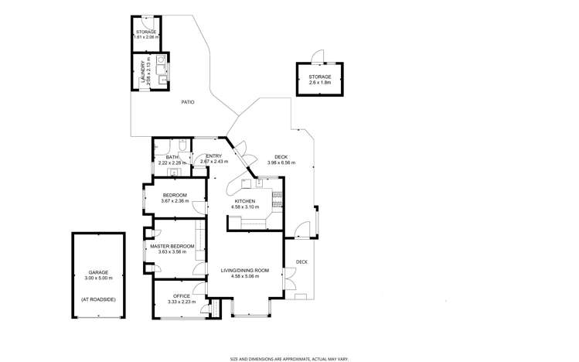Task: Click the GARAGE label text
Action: coord(97,272)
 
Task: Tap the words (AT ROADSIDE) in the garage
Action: coord(97,298)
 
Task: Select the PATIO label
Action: coord(187,102)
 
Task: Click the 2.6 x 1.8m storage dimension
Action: coord(320,84)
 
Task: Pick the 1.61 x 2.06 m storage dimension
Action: coord(146,37)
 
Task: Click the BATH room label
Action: coord(172,157)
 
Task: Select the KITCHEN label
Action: coord(245,201)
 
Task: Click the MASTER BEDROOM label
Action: coord(172,246)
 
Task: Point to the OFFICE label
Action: coord(182,296)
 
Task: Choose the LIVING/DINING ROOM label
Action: coord(244,270)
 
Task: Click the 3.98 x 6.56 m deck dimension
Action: coord(281,163)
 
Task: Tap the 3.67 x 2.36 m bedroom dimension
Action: coord(175,201)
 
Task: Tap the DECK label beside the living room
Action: coord(302,261)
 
